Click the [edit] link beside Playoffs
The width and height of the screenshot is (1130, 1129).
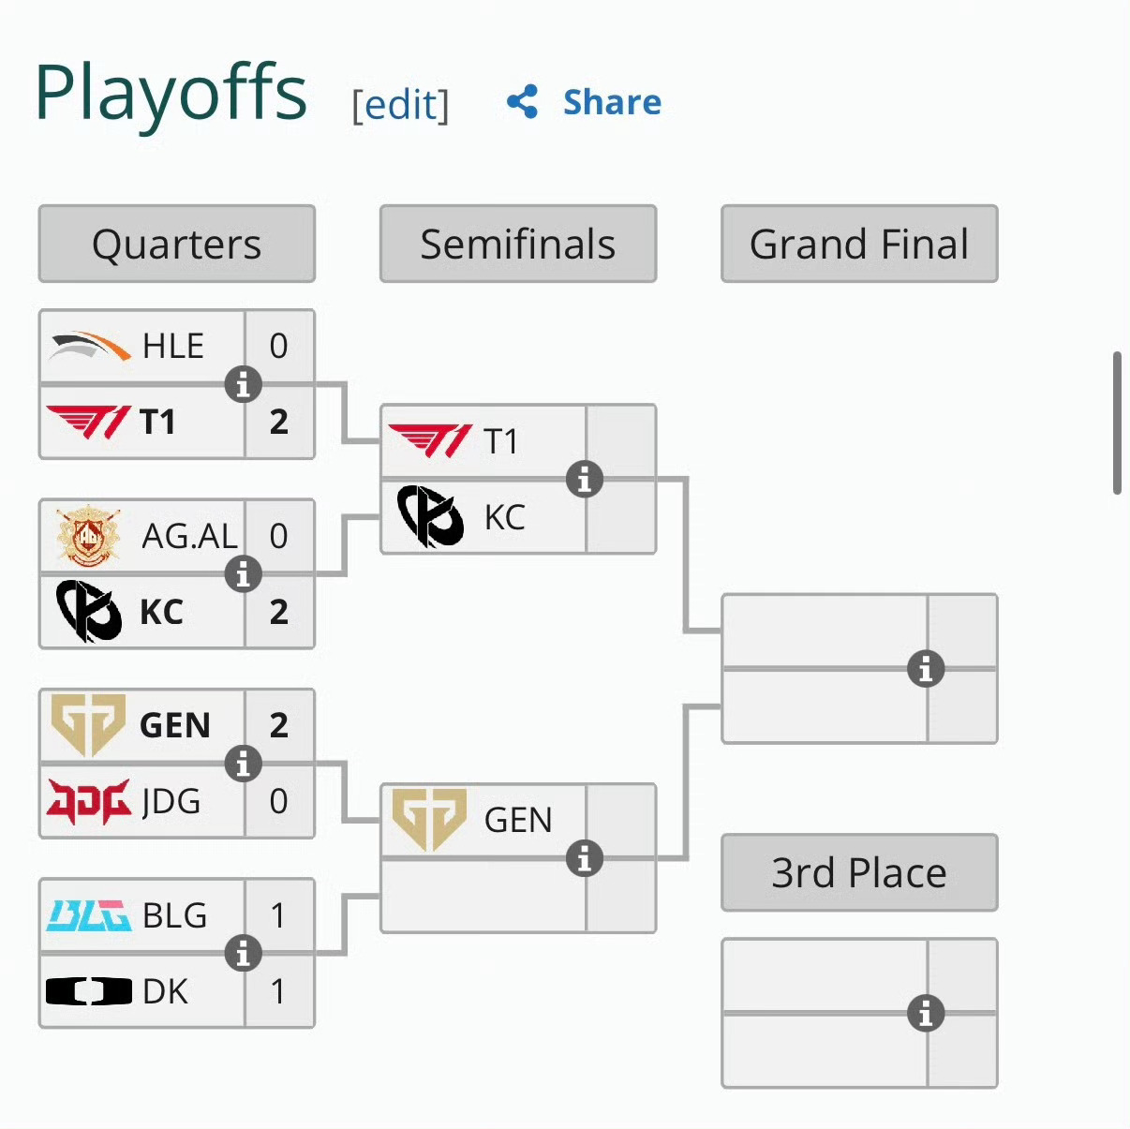click(x=400, y=105)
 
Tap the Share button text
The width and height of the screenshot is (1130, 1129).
click(x=612, y=102)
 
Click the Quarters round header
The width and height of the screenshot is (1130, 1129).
click(x=176, y=244)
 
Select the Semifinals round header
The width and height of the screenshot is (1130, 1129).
click(x=518, y=244)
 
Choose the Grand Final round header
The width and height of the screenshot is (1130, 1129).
click(x=859, y=244)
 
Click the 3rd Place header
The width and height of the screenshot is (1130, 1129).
click(x=859, y=872)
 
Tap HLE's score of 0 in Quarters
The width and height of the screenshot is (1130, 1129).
click(x=278, y=346)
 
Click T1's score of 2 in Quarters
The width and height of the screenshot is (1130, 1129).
click(x=279, y=422)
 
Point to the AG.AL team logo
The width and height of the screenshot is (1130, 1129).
click(x=89, y=536)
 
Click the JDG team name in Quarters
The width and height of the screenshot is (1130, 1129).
click(x=171, y=800)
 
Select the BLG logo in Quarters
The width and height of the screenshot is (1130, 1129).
click(x=89, y=915)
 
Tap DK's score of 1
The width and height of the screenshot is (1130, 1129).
click(x=278, y=991)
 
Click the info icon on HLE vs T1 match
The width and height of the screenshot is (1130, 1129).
click(x=244, y=385)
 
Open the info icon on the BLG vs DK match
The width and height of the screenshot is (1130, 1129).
click(x=244, y=953)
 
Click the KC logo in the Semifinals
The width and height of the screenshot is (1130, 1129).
click(x=430, y=516)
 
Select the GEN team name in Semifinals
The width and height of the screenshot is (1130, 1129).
click(x=518, y=819)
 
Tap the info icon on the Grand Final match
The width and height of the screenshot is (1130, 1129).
click(x=926, y=669)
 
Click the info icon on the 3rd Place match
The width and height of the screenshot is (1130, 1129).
click(x=926, y=1013)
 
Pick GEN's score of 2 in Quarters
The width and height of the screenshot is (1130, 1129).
click(x=279, y=725)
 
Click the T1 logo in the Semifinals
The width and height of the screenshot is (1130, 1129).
click(x=430, y=440)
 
